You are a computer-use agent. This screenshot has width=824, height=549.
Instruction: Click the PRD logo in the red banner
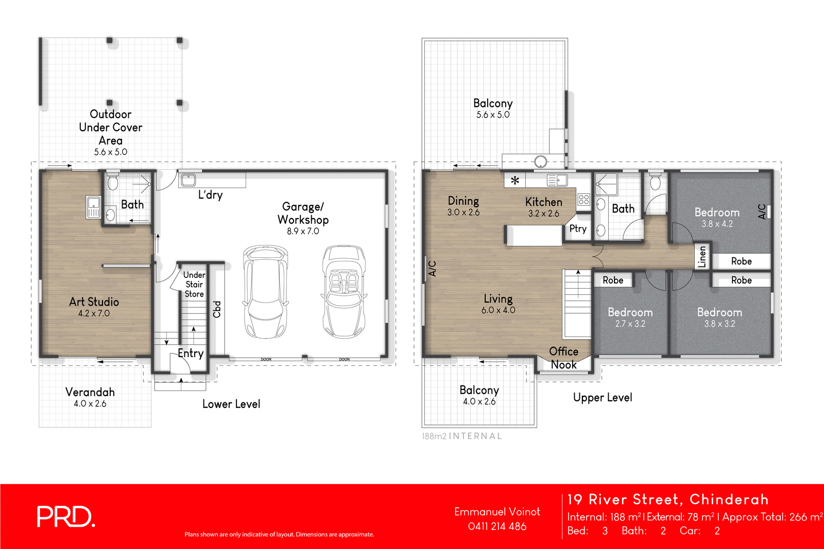(x=65, y=517)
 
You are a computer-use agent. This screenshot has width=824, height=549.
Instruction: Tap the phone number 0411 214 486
(x=497, y=526)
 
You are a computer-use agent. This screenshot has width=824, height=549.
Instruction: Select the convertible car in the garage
(x=345, y=291)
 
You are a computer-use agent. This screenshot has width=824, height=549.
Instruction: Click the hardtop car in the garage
(x=265, y=291)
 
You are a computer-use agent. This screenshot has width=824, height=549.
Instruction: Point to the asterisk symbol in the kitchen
(x=514, y=181)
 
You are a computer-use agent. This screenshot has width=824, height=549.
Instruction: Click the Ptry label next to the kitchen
(x=578, y=228)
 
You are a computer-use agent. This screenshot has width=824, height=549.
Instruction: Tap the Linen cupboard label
(x=702, y=256)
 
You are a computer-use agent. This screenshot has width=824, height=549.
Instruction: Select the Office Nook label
(x=563, y=358)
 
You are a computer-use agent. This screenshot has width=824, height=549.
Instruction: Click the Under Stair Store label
(x=194, y=285)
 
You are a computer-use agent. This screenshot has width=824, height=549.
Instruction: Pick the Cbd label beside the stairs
(x=217, y=309)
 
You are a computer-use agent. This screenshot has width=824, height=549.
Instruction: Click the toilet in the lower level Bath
(x=113, y=182)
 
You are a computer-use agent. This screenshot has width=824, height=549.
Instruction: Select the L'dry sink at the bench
(x=188, y=180)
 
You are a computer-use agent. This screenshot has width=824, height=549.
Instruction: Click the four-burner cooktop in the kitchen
(x=583, y=199)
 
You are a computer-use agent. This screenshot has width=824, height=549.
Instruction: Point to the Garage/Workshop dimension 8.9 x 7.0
(x=303, y=232)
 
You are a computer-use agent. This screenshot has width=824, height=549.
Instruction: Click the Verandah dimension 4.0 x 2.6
(x=90, y=403)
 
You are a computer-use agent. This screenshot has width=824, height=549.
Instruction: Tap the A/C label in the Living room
(x=433, y=269)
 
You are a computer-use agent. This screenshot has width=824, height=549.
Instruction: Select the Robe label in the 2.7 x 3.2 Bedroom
(x=613, y=280)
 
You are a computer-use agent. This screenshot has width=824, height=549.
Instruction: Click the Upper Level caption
(x=603, y=397)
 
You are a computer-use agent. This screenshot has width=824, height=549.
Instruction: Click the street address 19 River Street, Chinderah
(x=667, y=500)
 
